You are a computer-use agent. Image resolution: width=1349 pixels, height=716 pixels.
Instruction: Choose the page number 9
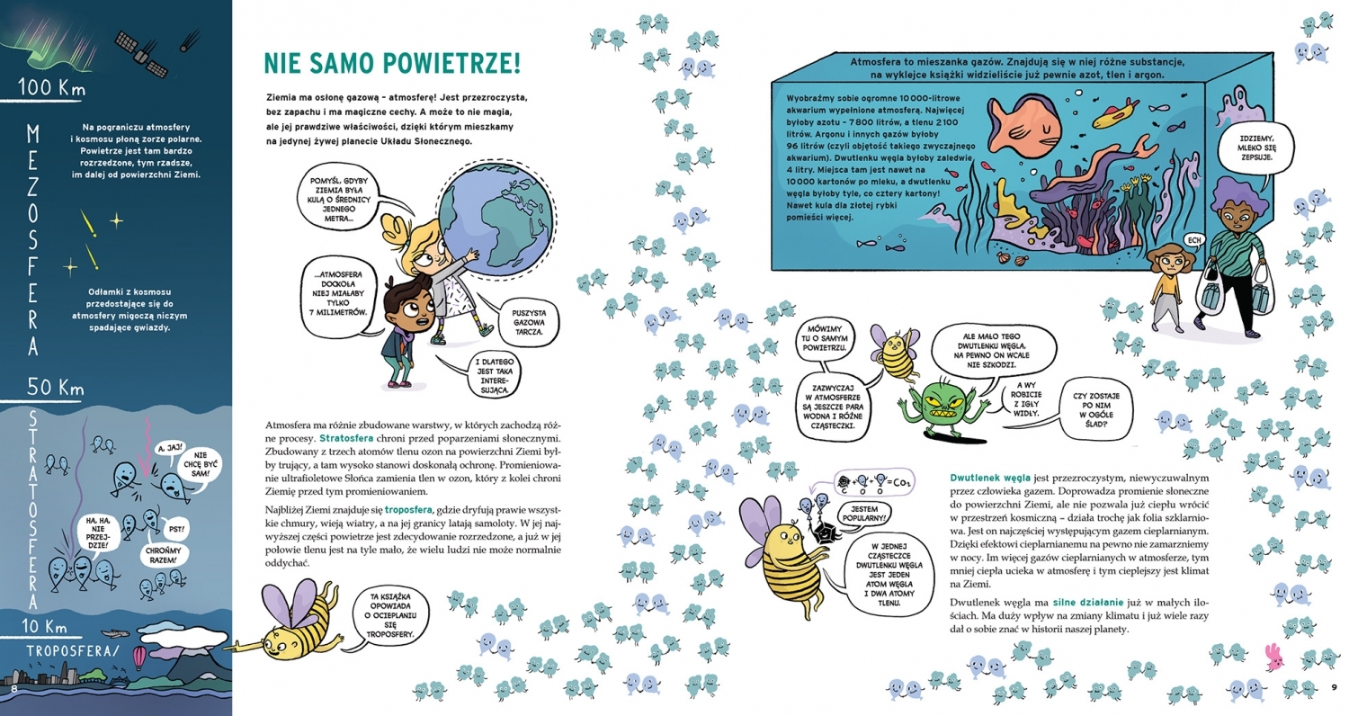coord(1335,690)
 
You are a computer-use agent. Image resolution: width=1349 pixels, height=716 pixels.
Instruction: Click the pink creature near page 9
coord(1273,657)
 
